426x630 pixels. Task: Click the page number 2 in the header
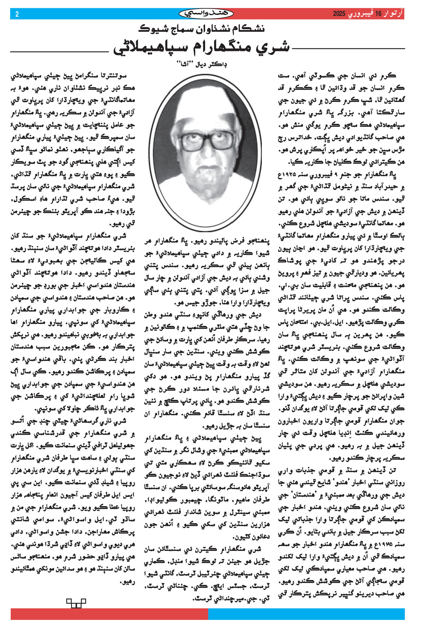(17, 14)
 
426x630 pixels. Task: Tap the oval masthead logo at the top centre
(206, 14)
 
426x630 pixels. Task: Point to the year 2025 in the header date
(339, 14)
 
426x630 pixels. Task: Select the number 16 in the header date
(378, 14)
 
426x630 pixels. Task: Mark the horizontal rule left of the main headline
(60, 52)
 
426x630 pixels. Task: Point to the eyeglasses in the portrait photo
(207, 140)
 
